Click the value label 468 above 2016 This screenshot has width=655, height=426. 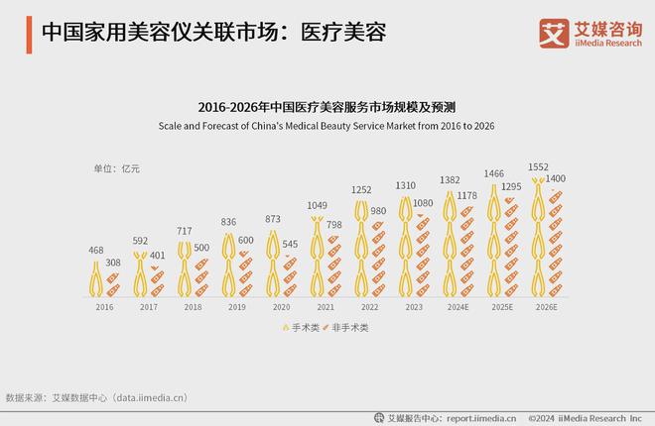(96, 251)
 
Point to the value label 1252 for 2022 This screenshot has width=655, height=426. (361, 189)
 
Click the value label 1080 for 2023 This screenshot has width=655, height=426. (424, 203)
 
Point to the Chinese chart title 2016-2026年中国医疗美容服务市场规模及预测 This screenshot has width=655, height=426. (327, 105)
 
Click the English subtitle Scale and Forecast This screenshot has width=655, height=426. (327, 126)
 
